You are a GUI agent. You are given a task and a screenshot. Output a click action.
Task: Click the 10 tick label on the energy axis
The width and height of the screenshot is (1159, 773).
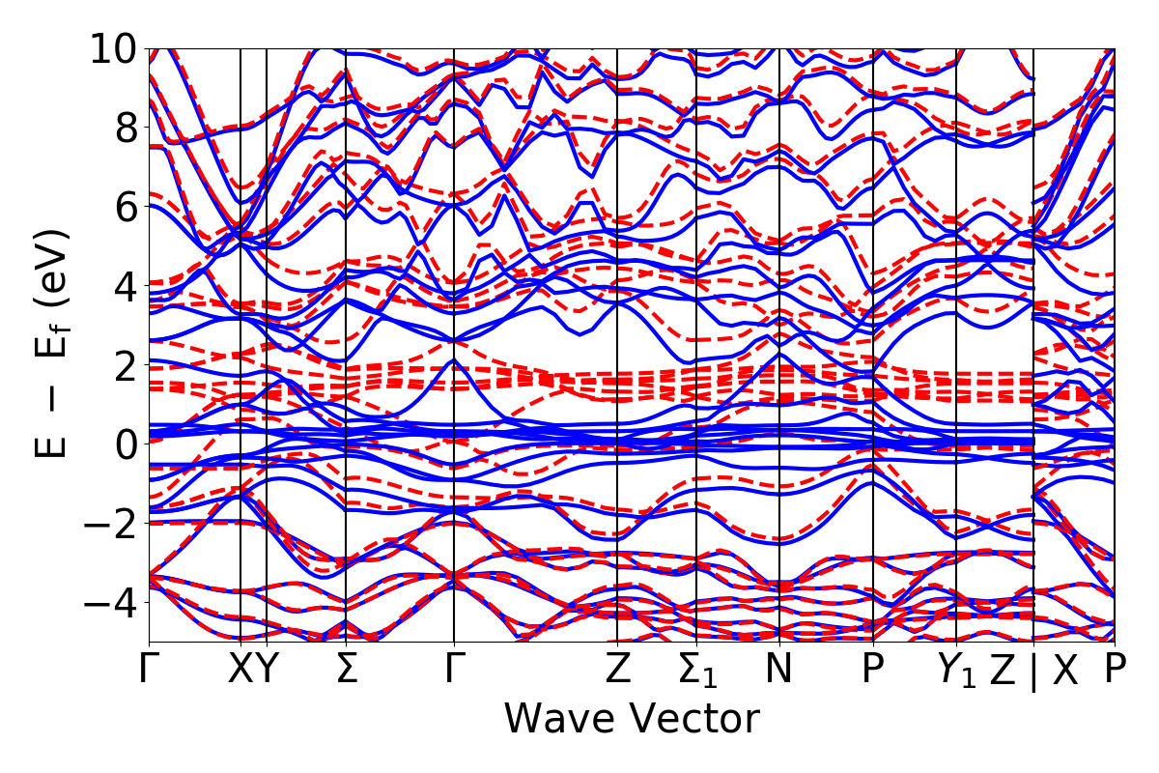[x=117, y=48]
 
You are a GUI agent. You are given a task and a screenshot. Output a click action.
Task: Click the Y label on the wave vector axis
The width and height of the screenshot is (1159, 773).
[x=267, y=670]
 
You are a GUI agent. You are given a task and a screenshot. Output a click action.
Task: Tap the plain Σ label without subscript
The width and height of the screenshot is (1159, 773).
[x=346, y=670]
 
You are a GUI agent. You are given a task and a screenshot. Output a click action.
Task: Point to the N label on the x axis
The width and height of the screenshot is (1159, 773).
[x=778, y=670]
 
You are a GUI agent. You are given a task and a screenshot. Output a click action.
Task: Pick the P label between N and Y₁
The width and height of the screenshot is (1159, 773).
[x=873, y=670]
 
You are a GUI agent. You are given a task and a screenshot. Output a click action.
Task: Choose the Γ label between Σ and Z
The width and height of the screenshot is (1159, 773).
[x=454, y=670]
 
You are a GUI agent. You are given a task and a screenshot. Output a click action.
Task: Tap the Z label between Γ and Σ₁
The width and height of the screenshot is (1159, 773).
[x=617, y=670]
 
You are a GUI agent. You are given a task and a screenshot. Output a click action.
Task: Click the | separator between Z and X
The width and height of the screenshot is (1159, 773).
[x=1033, y=672]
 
